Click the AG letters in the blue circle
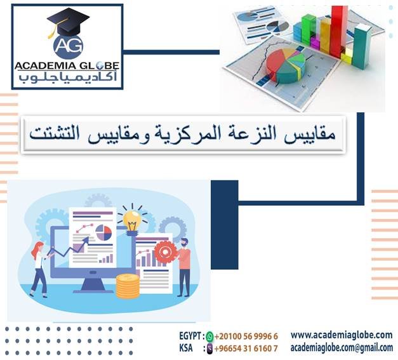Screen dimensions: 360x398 click(x=68, y=45)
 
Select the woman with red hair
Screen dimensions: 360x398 click(x=39, y=267)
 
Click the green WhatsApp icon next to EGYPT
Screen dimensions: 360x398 click(x=210, y=336)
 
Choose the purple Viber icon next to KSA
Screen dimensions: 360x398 click(x=210, y=348)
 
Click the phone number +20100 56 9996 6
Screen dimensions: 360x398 click(x=246, y=336)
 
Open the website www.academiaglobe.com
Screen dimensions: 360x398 click(x=341, y=335)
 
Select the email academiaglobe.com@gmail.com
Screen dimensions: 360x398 click(x=341, y=347)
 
